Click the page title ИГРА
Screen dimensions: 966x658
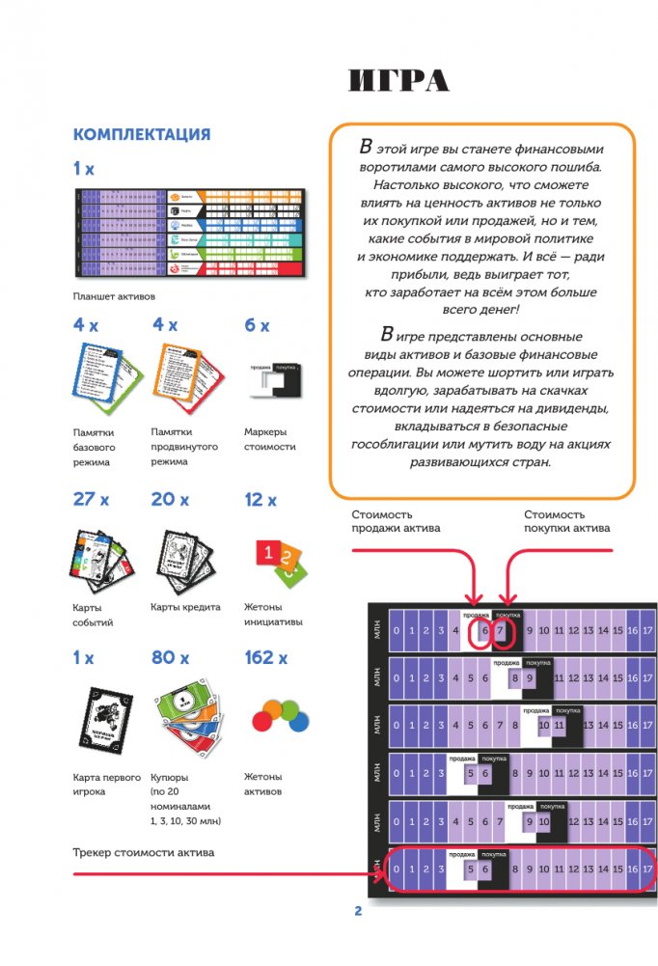(398, 82)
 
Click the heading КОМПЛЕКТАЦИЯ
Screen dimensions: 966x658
(142, 134)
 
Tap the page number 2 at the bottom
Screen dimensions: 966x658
(357, 910)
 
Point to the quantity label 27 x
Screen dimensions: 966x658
(92, 500)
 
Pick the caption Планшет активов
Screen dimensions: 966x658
(114, 296)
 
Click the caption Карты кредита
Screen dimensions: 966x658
(185, 607)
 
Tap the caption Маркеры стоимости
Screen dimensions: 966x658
(270, 440)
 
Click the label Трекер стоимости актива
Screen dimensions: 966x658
(143, 853)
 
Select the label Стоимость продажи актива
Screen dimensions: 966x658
(396, 521)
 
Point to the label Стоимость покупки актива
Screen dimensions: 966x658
(566, 521)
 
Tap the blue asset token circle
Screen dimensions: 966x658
(300, 721)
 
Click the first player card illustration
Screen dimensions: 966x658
(104, 719)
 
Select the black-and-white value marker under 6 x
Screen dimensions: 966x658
(273, 381)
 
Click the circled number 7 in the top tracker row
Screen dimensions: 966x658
(500, 632)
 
